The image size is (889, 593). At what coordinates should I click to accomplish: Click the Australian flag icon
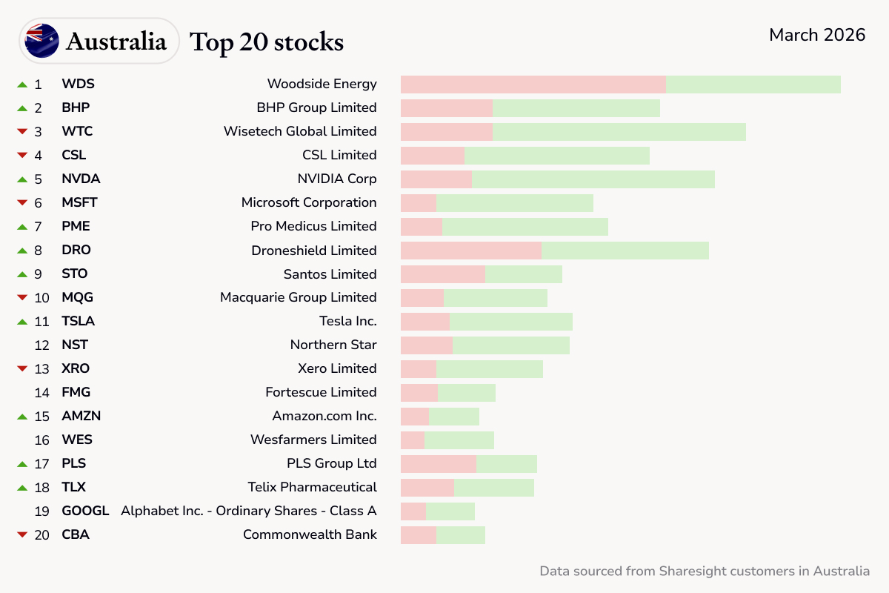(x=41, y=41)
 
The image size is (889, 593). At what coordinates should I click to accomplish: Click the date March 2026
(x=816, y=35)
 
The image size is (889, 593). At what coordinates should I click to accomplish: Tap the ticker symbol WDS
(x=78, y=84)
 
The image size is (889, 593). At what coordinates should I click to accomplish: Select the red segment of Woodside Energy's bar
(x=533, y=84)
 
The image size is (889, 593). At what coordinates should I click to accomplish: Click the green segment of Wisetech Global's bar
(x=619, y=131)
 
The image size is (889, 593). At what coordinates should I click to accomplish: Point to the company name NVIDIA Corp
(x=336, y=179)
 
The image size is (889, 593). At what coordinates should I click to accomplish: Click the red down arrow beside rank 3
(x=22, y=132)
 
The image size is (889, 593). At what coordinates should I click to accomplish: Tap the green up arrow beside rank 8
(x=22, y=250)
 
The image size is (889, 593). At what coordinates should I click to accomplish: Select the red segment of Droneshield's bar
(x=470, y=250)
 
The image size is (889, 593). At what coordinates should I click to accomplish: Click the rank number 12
(x=42, y=345)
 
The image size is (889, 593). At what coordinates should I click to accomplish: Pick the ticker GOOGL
(x=85, y=511)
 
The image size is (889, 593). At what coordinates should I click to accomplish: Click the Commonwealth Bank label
(x=310, y=534)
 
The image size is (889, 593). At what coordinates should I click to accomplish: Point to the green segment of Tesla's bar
(x=510, y=321)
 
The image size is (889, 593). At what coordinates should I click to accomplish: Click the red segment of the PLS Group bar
(x=438, y=463)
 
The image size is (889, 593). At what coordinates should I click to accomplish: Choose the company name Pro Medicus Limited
(x=313, y=226)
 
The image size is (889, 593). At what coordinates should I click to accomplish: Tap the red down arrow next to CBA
(x=22, y=535)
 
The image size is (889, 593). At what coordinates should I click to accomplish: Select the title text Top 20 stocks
(x=267, y=42)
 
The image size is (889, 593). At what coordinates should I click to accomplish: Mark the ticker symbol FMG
(x=76, y=392)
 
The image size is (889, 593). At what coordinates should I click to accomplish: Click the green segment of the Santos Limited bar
(x=523, y=274)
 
